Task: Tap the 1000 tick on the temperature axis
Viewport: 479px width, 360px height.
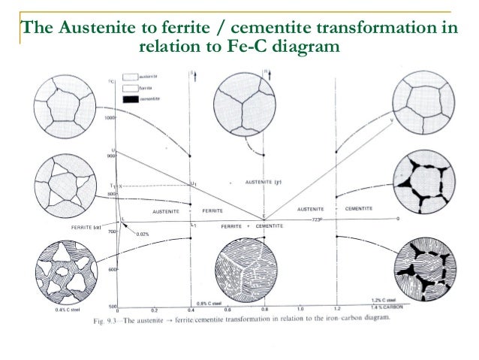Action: (x=110, y=118)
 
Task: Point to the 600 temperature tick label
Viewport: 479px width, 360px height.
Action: (x=110, y=268)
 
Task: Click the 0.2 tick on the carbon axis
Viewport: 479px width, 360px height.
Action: (x=154, y=309)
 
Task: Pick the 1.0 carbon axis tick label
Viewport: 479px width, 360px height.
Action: (x=301, y=309)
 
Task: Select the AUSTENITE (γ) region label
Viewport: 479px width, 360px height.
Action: (x=262, y=183)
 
